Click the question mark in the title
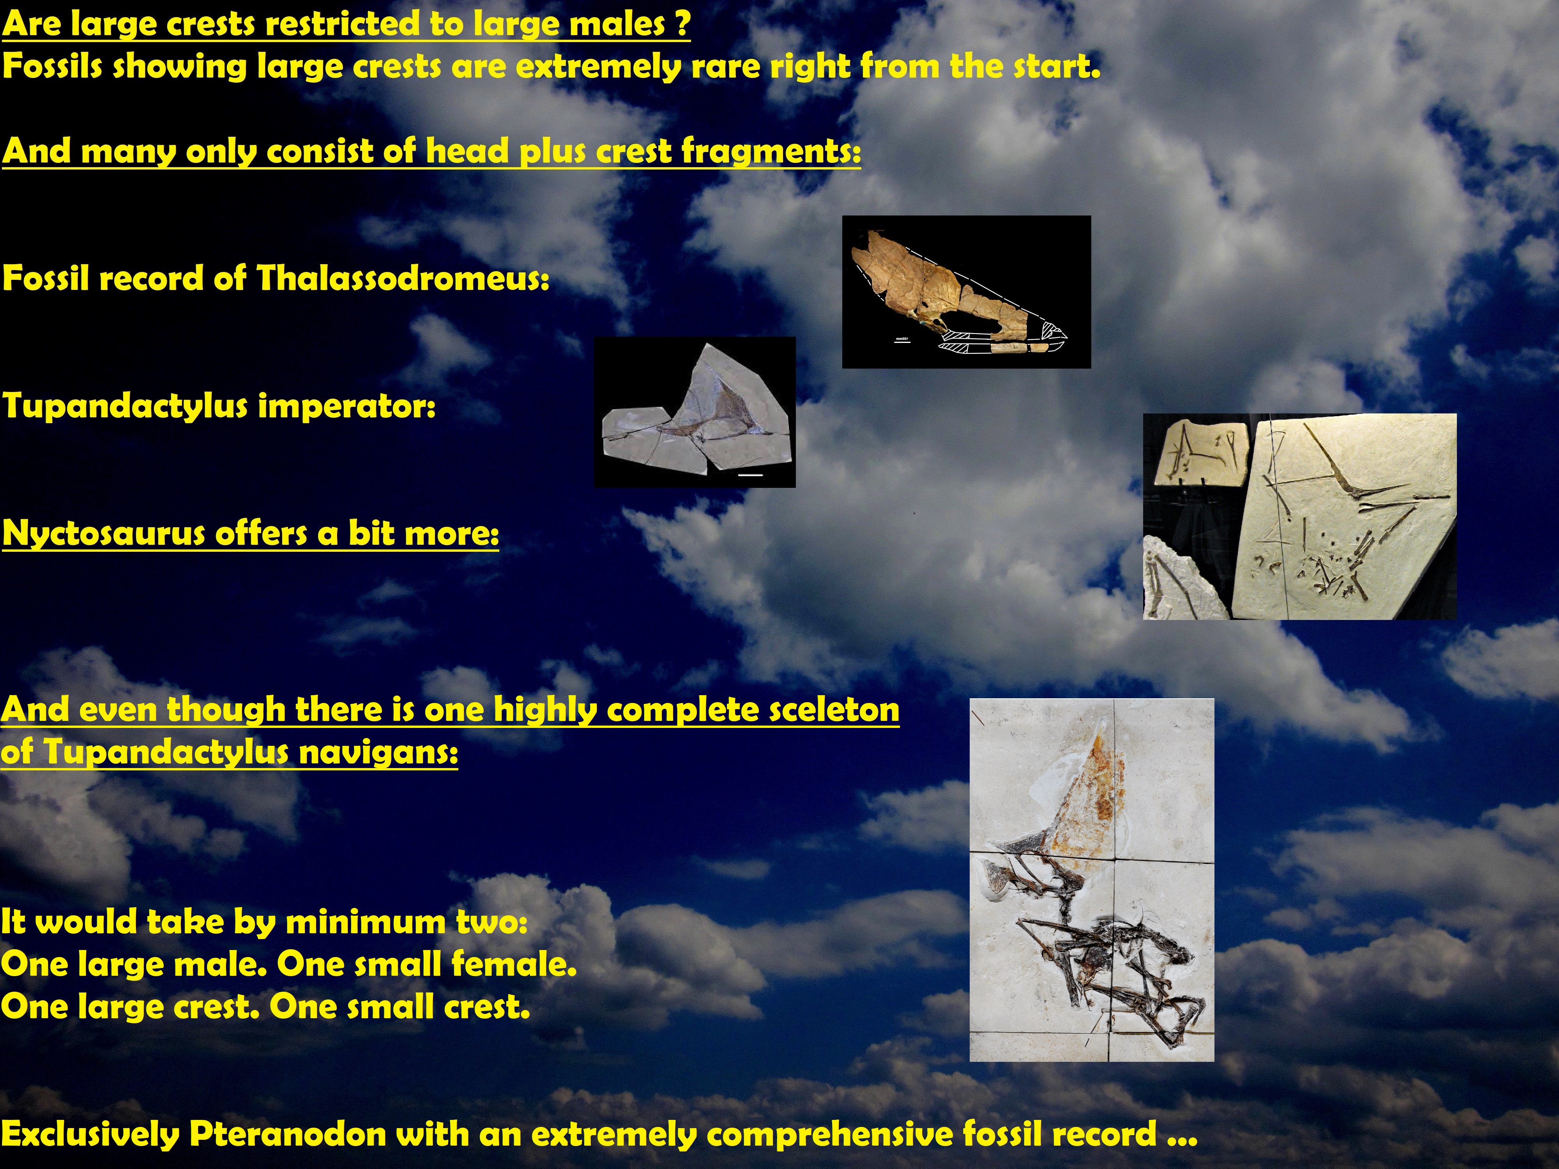(x=682, y=23)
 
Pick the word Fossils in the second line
(x=53, y=67)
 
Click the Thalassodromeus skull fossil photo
(x=966, y=292)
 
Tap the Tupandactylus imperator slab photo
(x=695, y=412)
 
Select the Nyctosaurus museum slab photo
(x=1300, y=516)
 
